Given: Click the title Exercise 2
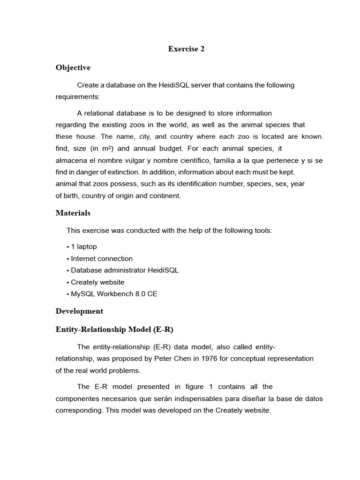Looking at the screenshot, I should click(x=186, y=49).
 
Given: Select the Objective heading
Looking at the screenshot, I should click(x=73, y=67).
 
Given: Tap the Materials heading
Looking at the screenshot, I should click(x=73, y=213).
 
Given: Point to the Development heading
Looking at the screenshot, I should click(x=79, y=311).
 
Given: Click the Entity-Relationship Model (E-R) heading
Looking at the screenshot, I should click(x=114, y=330).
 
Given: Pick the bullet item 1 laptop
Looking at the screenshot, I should click(x=83, y=247).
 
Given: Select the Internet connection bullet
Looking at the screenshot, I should click(x=101, y=258).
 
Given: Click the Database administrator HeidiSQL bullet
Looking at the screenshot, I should click(x=124, y=270).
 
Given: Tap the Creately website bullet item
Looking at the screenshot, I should click(x=97, y=282).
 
